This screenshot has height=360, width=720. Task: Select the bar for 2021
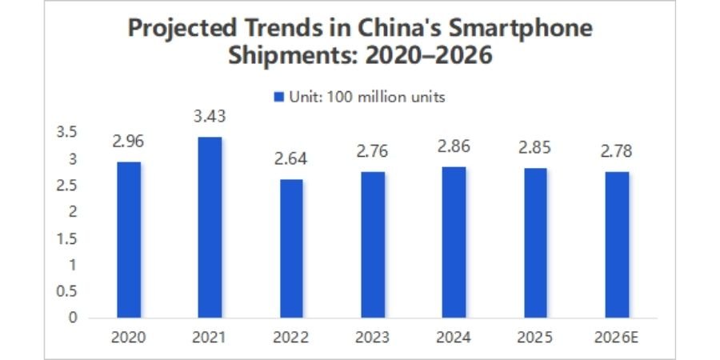(x=210, y=227)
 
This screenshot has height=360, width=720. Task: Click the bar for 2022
(x=291, y=248)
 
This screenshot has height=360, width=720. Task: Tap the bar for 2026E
(x=617, y=245)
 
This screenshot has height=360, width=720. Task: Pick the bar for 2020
(x=128, y=240)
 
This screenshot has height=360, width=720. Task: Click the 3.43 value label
(x=210, y=117)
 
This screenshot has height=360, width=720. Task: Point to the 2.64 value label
(x=291, y=158)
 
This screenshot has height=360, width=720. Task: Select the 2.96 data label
(x=128, y=142)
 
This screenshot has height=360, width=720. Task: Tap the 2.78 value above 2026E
(x=617, y=150)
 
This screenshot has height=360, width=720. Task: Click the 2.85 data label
(x=535, y=147)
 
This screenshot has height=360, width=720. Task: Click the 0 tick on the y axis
(x=74, y=318)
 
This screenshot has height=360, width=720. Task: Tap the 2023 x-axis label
(x=373, y=338)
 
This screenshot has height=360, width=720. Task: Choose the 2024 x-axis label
(x=454, y=338)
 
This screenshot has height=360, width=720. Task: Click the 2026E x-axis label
(x=617, y=338)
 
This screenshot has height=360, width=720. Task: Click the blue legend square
(x=279, y=97)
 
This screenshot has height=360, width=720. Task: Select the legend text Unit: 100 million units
(x=366, y=97)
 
